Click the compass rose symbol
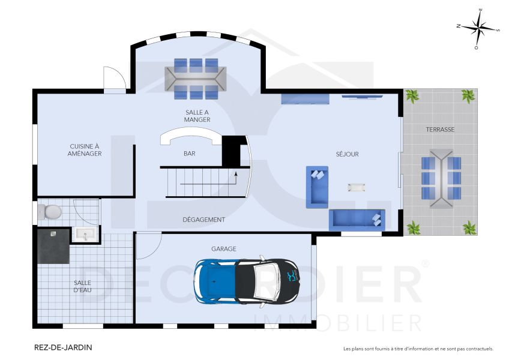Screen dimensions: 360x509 478,28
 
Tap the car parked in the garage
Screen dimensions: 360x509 246,280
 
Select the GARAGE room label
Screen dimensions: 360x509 223,248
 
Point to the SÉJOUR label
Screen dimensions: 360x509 347,154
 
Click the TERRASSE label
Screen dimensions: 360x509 440,130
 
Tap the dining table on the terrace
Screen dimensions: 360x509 441,178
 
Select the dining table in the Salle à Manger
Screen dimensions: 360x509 196,78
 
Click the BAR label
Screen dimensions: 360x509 190,154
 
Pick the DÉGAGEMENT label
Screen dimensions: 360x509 204,220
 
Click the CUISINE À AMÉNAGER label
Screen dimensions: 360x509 85,149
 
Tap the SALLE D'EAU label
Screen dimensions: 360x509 83,286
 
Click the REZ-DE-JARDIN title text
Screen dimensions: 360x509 63,347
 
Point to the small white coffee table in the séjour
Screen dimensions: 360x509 357,187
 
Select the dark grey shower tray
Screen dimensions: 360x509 53,246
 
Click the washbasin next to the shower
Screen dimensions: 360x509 83,234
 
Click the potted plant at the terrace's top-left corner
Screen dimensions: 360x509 412,96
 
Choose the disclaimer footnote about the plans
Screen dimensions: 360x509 418,349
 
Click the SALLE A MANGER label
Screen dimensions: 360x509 197,116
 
